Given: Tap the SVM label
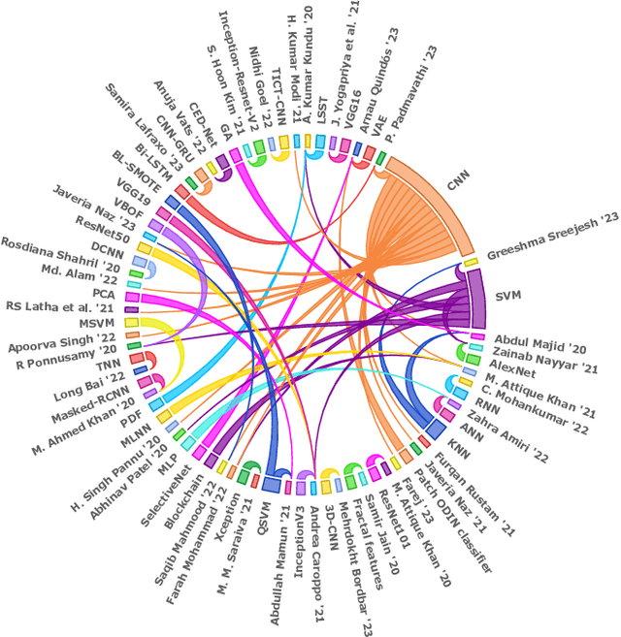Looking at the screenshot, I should pyautogui.click(x=509, y=296).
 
